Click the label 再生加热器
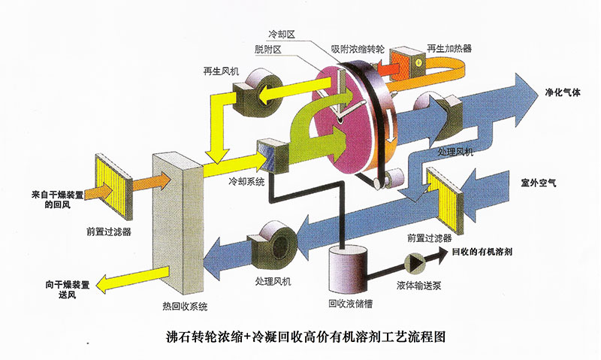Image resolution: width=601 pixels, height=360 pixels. point(450,48)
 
